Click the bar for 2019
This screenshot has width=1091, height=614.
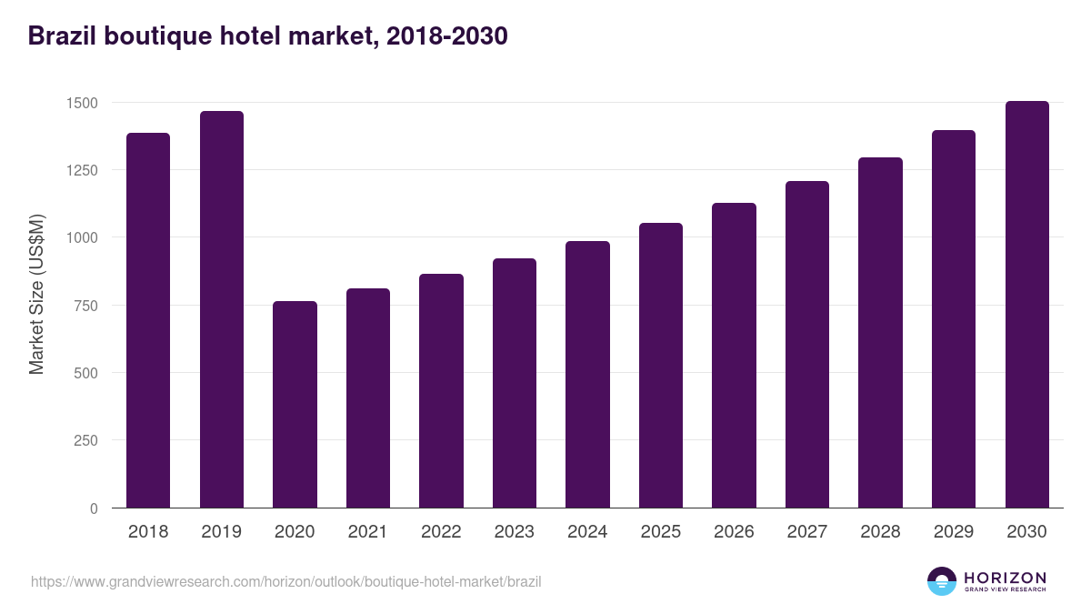[x=222, y=309]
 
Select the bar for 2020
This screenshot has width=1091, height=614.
[x=295, y=405]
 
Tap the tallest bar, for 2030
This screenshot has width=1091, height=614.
[x=1026, y=305]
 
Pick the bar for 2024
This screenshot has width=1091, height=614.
[x=587, y=375]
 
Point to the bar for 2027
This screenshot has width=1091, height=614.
[x=807, y=345]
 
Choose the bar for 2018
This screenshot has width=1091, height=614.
[x=148, y=320]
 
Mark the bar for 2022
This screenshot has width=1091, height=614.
[x=441, y=391]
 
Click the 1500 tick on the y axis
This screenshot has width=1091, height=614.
[x=82, y=103]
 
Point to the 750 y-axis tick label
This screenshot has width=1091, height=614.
[x=85, y=306]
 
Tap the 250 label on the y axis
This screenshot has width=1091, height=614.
[x=85, y=441]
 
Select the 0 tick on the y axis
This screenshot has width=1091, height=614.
[x=94, y=508]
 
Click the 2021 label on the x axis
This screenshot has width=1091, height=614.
[x=367, y=532]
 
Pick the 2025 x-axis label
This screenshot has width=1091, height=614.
[x=660, y=532]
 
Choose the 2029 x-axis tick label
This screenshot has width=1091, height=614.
[x=953, y=532]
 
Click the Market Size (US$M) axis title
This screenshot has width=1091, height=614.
[x=36, y=294]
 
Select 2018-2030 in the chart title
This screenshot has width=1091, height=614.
[x=446, y=36]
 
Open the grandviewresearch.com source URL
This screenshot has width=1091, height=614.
[x=285, y=581]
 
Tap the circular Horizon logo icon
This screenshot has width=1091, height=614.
[x=942, y=581]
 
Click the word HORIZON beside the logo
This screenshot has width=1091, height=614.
[x=1005, y=577]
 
